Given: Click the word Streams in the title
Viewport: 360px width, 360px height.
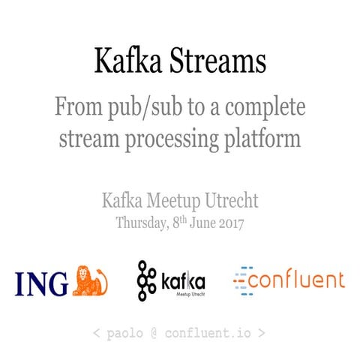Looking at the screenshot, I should pos(218,61).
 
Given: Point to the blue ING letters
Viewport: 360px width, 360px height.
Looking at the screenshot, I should pos(41,283).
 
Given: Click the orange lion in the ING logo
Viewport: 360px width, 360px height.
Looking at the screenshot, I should pos(91,280).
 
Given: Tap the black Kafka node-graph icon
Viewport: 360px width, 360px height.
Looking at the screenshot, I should pos(147,280).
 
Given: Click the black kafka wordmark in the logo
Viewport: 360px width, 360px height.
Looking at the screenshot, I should pos(183,282).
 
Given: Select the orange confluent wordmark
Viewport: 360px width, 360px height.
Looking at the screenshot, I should pos(297,280).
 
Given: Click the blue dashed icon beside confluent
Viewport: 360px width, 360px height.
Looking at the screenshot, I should pos(240,280).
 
